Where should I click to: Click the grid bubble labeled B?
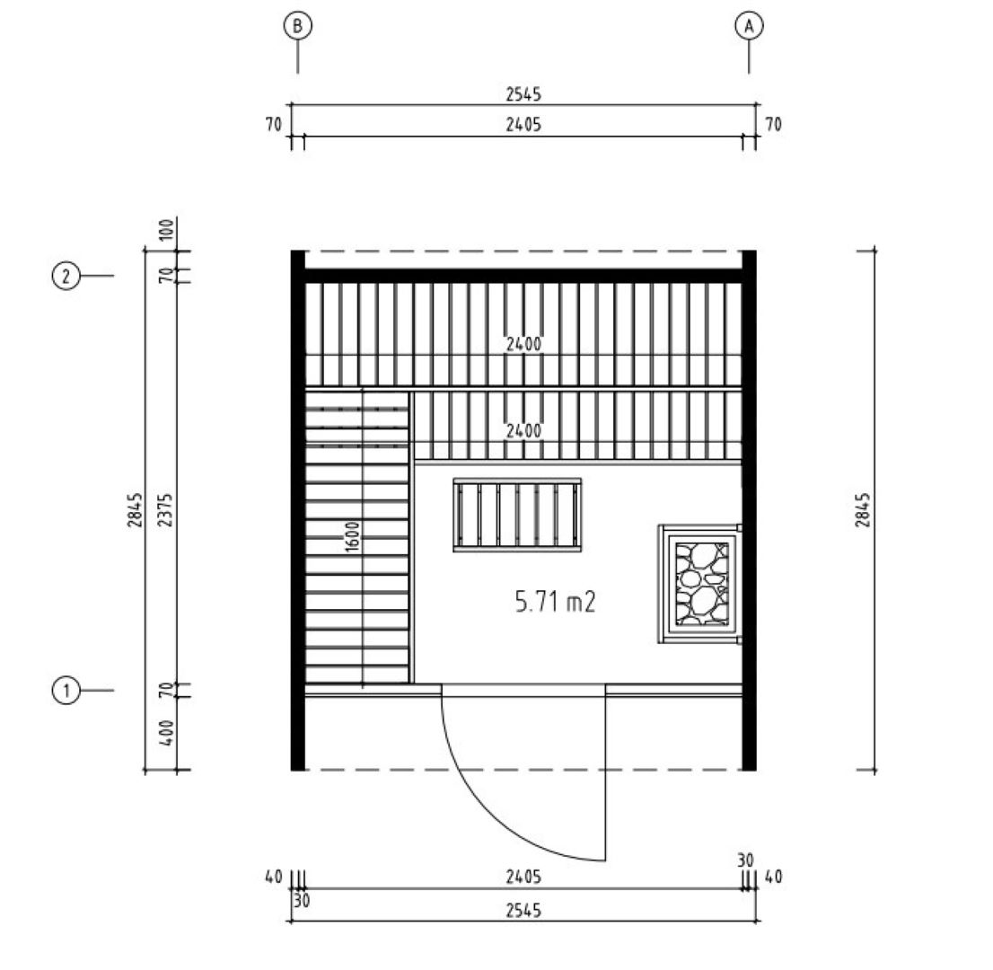click(x=297, y=27)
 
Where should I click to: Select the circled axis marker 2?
click(x=66, y=275)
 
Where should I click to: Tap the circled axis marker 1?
click(x=66, y=690)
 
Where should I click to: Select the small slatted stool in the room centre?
click(x=517, y=515)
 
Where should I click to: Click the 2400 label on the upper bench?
click(x=523, y=344)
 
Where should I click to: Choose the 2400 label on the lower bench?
click(x=523, y=431)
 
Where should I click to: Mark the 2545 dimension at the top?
click(x=523, y=93)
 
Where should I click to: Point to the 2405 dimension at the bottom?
click(x=523, y=877)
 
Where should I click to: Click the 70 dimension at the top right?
click(x=772, y=125)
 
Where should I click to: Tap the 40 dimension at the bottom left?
click(x=273, y=877)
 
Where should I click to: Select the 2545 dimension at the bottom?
click(x=523, y=910)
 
